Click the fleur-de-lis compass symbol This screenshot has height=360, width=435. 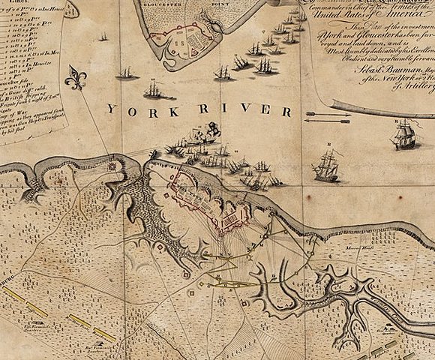76,77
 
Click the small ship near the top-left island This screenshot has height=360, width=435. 103,35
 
